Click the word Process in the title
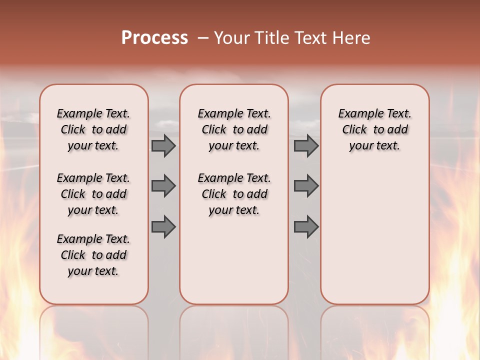point(154,38)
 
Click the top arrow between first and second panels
point(163,146)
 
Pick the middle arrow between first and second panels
point(163,186)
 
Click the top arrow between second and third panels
point(306,146)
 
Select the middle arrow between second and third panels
point(306,186)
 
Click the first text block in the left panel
point(93,129)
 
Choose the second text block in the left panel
point(93,194)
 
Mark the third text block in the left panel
point(93,255)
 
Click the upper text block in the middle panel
point(234,129)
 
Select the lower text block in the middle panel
point(234,194)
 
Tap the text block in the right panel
point(375,129)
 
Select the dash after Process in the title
point(203,38)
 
